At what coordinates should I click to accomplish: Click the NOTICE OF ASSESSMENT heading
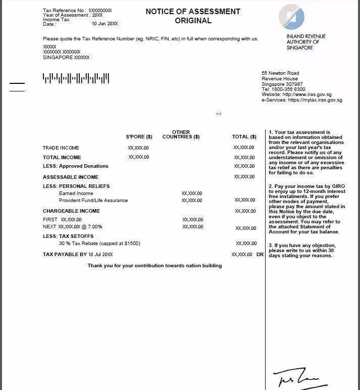point(193,12)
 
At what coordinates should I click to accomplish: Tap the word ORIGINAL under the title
point(193,21)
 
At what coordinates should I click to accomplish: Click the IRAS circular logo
point(292,17)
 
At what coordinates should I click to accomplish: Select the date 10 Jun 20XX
point(105,24)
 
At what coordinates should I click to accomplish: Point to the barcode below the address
point(76,78)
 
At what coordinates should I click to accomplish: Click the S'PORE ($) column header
point(139,137)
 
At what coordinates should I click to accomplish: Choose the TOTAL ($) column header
point(244,137)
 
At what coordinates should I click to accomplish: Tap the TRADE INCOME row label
point(61,148)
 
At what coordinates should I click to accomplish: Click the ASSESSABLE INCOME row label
point(71,177)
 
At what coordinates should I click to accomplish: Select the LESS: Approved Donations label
point(76,166)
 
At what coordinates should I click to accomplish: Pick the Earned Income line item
point(76,193)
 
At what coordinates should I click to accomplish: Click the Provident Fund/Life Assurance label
point(93,201)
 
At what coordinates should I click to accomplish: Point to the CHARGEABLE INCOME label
point(71,211)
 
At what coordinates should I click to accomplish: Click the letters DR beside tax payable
point(260,255)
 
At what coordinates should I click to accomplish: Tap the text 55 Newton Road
point(280,73)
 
